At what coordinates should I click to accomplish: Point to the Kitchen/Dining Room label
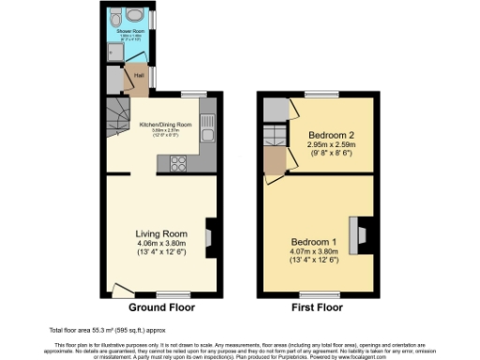pos(165,125)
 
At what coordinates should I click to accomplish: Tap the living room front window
pos(168,295)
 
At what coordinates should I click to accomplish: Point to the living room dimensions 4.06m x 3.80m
pos(159,247)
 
